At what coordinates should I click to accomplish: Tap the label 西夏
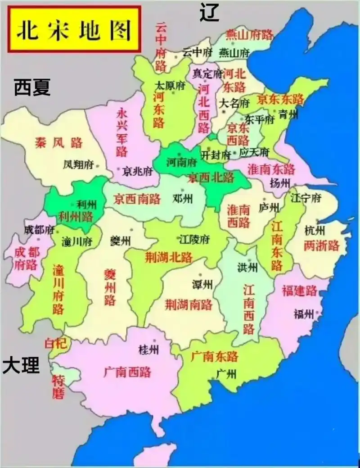[x=32, y=87]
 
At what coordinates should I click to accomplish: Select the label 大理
[x=21, y=365]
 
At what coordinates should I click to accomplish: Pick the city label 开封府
[x=216, y=155]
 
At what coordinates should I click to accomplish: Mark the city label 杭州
[x=315, y=231]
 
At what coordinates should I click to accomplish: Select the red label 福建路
[x=299, y=291]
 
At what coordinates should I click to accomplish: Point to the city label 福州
[x=303, y=314]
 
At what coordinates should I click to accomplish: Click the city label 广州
[x=226, y=373]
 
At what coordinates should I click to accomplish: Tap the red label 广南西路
[x=127, y=372]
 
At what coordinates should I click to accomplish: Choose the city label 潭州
[x=202, y=284]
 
